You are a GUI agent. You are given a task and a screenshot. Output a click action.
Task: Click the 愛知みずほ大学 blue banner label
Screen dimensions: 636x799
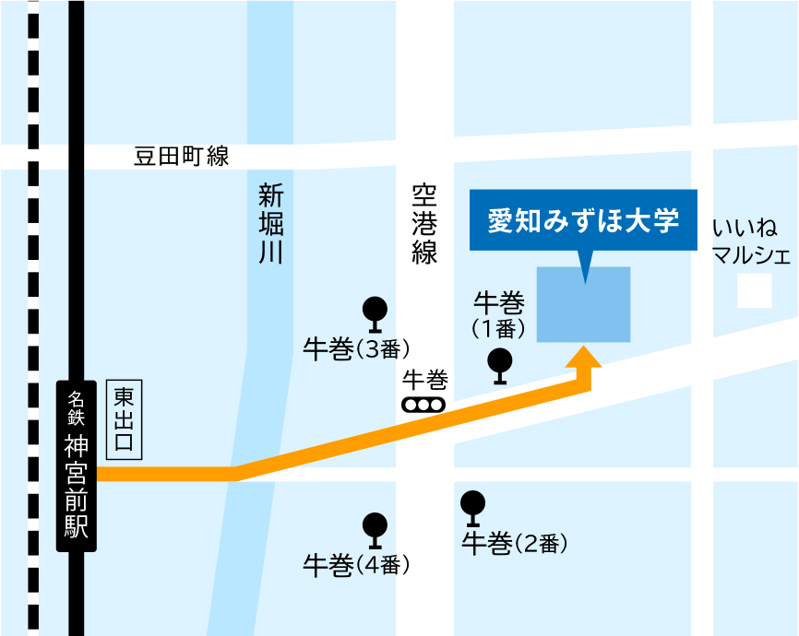coord(583,221)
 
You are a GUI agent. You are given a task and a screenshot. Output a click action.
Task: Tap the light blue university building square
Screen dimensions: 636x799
coord(584,305)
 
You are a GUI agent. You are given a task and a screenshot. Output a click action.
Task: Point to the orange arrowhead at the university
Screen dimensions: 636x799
coord(583,357)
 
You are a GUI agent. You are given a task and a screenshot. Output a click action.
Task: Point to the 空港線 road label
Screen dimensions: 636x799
coord(424,224)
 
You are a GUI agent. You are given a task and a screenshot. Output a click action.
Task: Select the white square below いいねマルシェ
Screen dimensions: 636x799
coord(754,292)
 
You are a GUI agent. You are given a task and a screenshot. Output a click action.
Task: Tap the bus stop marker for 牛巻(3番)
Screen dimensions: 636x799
coord(375,313)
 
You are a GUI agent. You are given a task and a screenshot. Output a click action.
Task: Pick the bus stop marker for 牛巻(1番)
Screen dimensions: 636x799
coord(500,365)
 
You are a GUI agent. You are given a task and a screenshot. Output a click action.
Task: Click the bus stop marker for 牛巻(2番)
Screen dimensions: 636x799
coord(472,508)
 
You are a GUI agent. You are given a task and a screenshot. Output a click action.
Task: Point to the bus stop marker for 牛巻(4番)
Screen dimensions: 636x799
coord(375,530)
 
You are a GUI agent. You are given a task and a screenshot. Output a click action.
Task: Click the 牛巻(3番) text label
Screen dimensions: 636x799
coord(356,349)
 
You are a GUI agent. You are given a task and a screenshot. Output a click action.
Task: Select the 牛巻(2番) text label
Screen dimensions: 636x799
coord(514,545)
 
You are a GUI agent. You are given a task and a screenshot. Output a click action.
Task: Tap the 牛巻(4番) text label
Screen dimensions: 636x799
coord(356,565)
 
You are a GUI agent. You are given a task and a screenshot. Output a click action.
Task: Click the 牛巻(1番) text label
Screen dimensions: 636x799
coord(499,314)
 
